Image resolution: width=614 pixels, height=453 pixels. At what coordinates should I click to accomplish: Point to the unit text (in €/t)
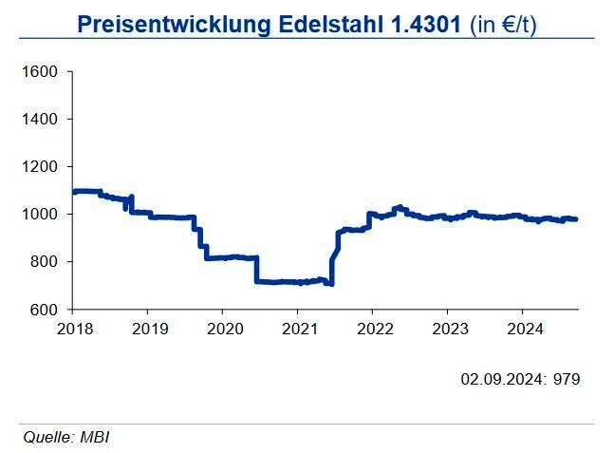(504, 25)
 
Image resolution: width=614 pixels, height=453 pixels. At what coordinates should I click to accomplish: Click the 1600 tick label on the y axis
(42, 72)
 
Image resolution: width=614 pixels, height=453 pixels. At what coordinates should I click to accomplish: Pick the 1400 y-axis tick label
(42, 120)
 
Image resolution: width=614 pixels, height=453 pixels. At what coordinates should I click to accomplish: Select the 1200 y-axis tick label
(42, 167)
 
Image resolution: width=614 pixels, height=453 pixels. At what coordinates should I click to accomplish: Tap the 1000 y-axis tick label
(42, 215)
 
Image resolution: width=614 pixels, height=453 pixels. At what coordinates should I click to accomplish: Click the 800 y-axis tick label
(46, 262)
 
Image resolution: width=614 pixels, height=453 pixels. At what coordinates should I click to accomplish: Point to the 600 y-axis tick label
(46, 310)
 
